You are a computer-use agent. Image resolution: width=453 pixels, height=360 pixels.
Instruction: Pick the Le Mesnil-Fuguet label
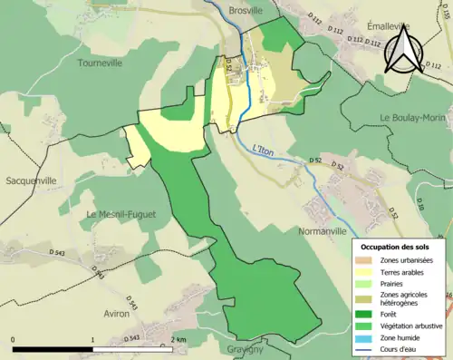click(x=120, y=214)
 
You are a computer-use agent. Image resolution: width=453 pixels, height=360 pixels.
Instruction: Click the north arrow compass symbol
click(x=404, y=50)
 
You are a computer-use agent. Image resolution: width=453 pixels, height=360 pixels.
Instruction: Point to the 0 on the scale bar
click(x=14, y=338)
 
